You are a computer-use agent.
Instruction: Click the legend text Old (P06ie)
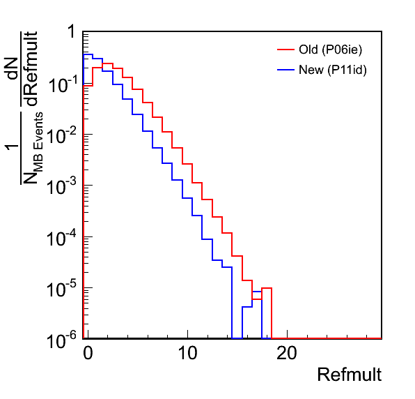pyautogui.click(x=330, y=50)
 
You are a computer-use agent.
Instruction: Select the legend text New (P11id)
pyautogui.click(x=333, y=70)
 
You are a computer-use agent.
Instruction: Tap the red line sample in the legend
pyautogui.click(x=286, y=50)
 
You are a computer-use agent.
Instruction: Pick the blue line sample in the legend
pyautogui.click(x=286, y=70)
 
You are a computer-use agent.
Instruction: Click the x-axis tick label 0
pyautogui.click(x=88, y=353)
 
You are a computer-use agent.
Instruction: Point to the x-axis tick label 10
pyautogui.click(x=187, y=353)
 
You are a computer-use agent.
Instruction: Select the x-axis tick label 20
pyautogui.click(x=287, y=353)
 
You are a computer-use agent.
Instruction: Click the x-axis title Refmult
pyautogui.click(x=350, y=375)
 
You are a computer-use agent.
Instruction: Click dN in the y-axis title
pyautogui.click(x=13, y=69)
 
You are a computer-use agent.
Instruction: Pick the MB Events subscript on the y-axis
pyautogui.click(x=38, y=142)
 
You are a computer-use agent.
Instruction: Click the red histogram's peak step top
pyautogui.click(x=107, y=63)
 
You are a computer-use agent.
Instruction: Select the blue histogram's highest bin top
pyautogui.click(x=88, y=54)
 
